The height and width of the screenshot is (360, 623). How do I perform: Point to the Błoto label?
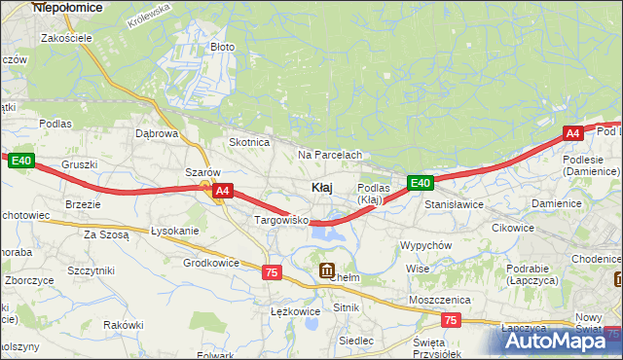coord(222,47)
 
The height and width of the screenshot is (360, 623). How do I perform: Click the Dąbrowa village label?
coord(156,133)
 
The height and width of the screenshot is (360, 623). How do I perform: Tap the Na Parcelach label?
coord(330,155)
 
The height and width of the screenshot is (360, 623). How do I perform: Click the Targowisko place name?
coord(280,221)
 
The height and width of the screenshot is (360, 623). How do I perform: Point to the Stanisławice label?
coord(454,205)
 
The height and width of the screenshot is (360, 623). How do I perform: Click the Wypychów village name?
coord(425,245)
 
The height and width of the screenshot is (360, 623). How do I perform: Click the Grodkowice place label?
coord(211,263)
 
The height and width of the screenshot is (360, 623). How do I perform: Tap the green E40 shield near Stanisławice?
coord(420,183)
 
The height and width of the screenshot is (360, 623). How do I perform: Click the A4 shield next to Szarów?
coord(223,192)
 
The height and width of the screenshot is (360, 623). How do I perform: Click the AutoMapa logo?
coord(561,341)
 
